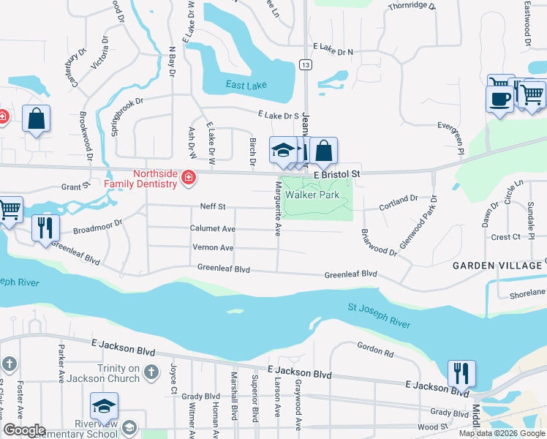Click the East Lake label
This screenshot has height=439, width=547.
click(246, 86)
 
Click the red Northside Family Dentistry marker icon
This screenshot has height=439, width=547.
click(189, 177)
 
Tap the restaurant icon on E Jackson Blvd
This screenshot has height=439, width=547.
click(461, 373)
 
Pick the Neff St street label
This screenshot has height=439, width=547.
click(213, 207)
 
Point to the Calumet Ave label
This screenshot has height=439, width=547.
click(212, 229)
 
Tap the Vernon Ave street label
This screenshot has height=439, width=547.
click(213, 248)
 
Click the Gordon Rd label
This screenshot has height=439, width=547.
click(376, 350)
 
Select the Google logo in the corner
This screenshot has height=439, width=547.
click(24, 430)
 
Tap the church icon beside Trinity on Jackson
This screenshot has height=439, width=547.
click(151, 372)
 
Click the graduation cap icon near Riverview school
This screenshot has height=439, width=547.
click(104, 405)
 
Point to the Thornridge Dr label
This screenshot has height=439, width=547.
click(412, 7)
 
